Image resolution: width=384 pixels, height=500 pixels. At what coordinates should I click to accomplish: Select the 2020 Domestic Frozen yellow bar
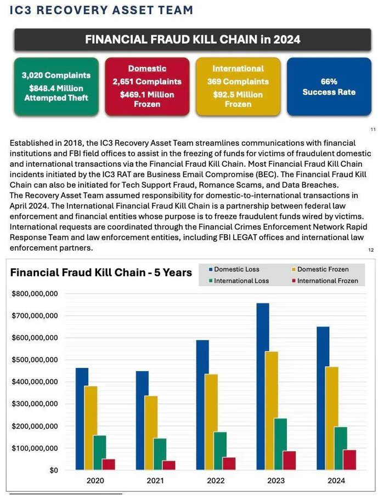pyautogui.click(x=91, y=428)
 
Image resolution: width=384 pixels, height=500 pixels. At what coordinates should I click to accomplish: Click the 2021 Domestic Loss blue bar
pyautogui.click(x=142, y=420)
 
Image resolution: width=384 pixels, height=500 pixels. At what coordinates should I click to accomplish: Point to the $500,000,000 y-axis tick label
pyautogui.click(x=35, y=360)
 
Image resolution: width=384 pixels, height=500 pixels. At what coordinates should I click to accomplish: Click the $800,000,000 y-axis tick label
pyautogui.click(x=35, y=294)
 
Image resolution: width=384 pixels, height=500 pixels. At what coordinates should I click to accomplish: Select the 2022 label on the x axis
pyautogui.click(x=216, y=481)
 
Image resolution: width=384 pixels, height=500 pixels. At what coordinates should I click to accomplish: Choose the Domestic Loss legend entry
pyautogui.click(x=236, y=269)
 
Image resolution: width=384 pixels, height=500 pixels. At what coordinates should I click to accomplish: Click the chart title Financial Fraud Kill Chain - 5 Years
pyautogui.click(x=101, y=272)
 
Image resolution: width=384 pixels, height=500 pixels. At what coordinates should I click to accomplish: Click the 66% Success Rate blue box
pyautogui.click(x=329, y=87)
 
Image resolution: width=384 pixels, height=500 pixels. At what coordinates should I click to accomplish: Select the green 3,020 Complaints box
pyautogui.click(x=56, y=87)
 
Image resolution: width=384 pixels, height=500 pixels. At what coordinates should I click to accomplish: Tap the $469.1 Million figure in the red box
pyautogui.click(x=147, y=94)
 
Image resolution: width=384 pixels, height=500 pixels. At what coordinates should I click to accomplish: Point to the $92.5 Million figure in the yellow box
pyautogui.click(x=238, y=94)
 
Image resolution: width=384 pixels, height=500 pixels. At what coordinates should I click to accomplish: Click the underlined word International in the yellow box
pyautogui.click(x=238, y=69)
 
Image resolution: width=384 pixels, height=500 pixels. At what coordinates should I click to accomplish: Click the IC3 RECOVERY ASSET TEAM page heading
pyautogui.click(x=101, y=10)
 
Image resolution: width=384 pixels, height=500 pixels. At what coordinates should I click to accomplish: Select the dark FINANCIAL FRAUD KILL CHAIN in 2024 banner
pyautogui.click(x=193, y=39)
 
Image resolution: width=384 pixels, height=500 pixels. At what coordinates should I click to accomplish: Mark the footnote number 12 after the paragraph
pyautogui.click(x=370, y=250)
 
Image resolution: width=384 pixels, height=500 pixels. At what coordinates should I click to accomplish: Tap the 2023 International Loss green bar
pyautogui.click(x=280, y=444)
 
